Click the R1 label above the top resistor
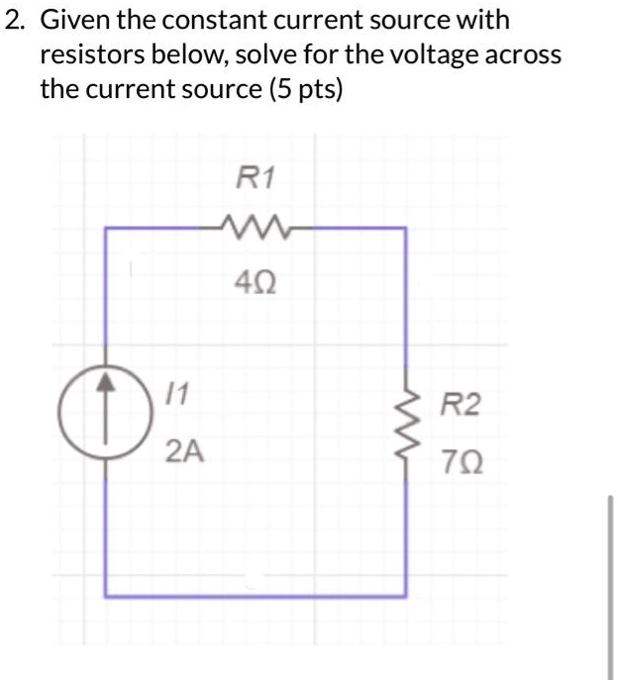[x=257, y=178]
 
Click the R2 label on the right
[x=461, y=405]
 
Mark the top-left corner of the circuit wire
[x=106, y=229]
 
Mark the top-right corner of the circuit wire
[x=406, y=229]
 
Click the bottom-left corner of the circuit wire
[x=106, y=596]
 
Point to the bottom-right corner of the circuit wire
[x=406, y=596]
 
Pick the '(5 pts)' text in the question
[x=306, y=89]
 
